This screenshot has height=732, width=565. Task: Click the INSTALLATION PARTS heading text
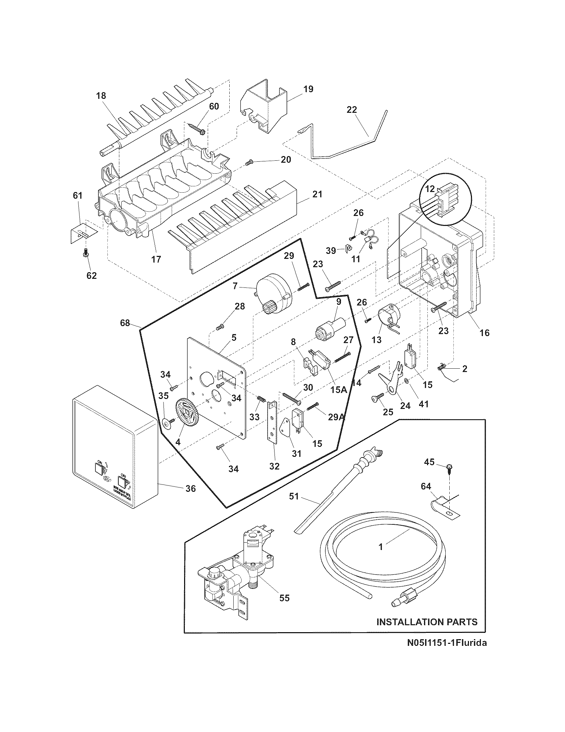click(427, 622)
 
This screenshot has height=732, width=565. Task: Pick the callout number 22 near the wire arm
click(352, 109)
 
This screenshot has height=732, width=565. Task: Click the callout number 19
click(308, 89)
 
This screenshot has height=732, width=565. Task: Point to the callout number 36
click(190, 489)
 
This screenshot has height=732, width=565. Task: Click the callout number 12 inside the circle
click(430, 189)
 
